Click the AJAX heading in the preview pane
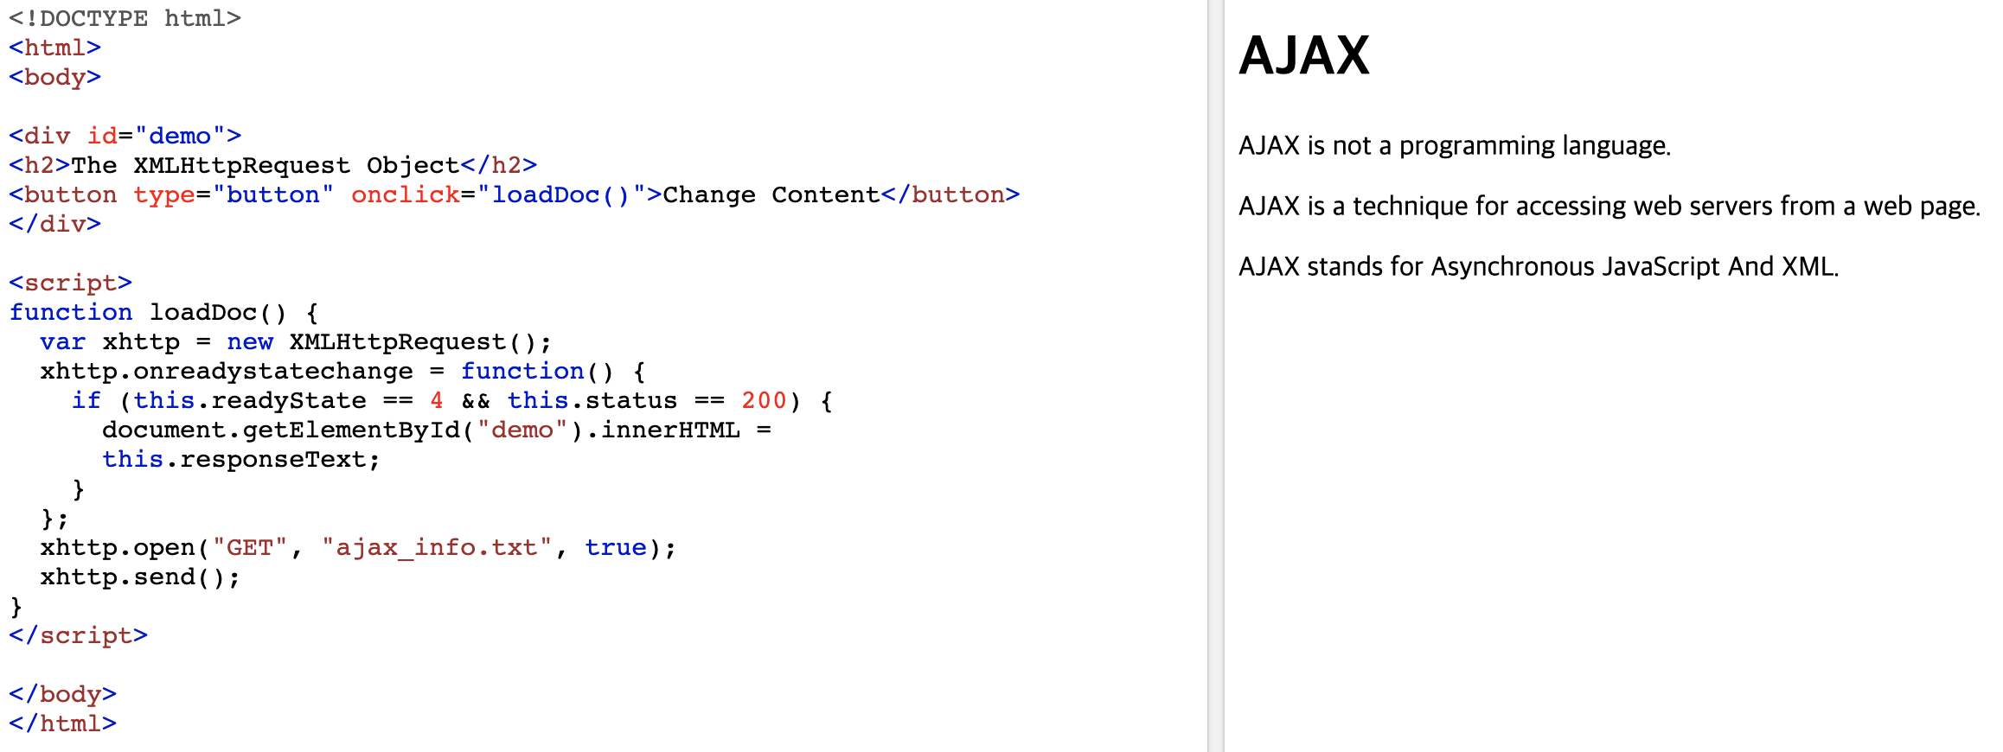click(1303, 56)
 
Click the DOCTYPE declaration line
click(125, 18)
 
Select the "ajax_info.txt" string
click(437, 547)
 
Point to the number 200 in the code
click(764, 400)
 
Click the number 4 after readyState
click(437, 400)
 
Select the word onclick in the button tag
click(405, 194)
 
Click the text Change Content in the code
click(771, 194)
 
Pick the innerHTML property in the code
click(670, 430)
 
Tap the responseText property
click(273, 459)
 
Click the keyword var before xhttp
click(62, 341)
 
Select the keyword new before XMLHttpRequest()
click(250, 341)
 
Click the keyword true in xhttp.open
click(616, 547)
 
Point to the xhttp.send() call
click(140, 577)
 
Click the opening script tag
click(70, 283)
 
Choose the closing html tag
click(62, 723)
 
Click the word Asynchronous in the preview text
click(1513, 266)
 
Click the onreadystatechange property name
click(273, 371)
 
